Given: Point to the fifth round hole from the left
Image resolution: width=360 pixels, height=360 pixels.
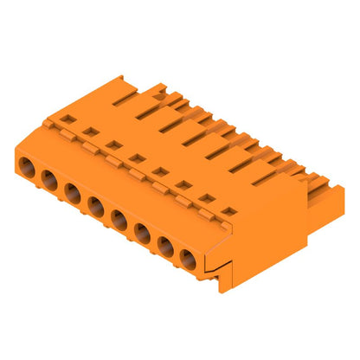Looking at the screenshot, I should coord(119,221).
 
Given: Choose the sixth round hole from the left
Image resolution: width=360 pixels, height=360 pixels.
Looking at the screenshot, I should coord(141,233).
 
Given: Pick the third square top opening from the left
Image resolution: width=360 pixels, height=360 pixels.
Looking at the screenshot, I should coord(112,145).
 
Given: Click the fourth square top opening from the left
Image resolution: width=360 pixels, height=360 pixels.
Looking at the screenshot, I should coord(136,158).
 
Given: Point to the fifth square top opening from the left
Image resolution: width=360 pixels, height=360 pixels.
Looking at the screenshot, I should coord(159,171).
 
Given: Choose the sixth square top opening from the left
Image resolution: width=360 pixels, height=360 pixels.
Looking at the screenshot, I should coord(182,184).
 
